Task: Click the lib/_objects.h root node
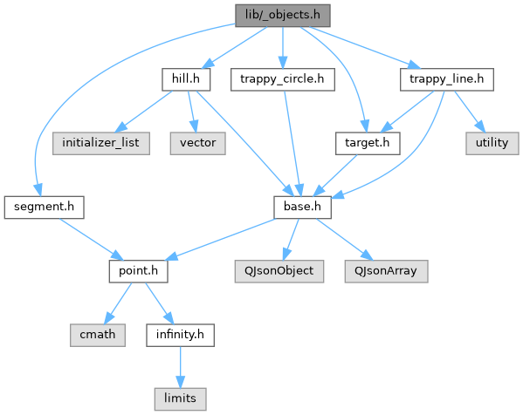click(283, 16)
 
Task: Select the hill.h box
click(186, 79)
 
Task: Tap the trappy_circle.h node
click(283, 79)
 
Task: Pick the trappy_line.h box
click(447, 79)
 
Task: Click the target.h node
click(368, 143)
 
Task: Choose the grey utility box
click(492, 143)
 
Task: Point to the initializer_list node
click(100, 143)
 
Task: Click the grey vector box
click(198, 143)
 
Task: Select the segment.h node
click(44, 207)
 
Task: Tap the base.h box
click(302, 207)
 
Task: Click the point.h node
click(139, 271)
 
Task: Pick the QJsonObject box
click(279, 271)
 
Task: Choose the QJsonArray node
click(386, 271)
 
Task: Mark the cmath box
click(98, 335)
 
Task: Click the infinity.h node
click(180, 335)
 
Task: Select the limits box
click(180, 399)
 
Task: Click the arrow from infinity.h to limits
click(180, 367)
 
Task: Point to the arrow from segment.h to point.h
click(92, 239)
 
